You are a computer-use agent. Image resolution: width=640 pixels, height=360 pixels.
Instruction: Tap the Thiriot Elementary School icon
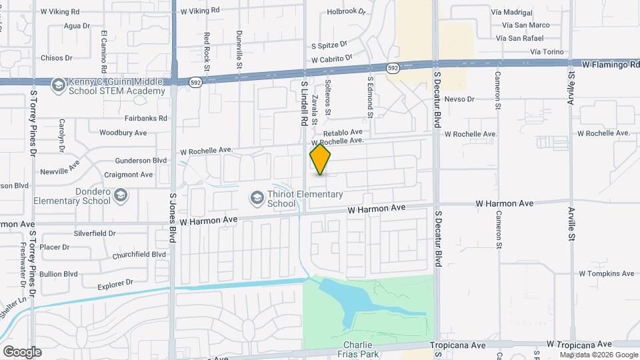[x=256, y=198]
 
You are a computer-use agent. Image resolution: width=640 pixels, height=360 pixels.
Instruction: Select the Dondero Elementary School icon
[x=121, y=195]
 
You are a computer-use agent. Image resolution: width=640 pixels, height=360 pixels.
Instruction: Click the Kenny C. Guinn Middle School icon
[x=59, y=85]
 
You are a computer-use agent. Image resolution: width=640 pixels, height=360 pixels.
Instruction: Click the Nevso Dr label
[x=459, y=99]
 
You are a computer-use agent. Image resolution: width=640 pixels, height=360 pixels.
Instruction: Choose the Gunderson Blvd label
[x=141, y=161]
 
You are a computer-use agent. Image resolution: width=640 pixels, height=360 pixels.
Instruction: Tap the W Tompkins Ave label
[x=604, y=273]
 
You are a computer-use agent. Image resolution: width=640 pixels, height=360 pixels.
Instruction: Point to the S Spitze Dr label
[x=329, y=45]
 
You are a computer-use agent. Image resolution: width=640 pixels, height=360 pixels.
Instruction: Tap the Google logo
[x=22, y=352]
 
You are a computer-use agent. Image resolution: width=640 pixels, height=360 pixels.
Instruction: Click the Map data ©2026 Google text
[x=598, y=355]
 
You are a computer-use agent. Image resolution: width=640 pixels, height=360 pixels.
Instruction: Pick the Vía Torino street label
[x=547, y=52]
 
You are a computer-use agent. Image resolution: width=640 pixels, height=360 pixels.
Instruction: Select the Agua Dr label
[x=77, y=25]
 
